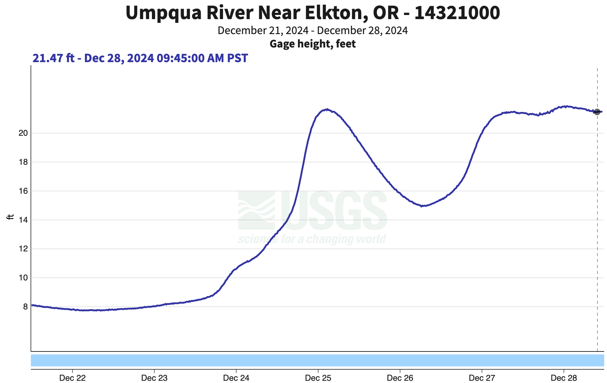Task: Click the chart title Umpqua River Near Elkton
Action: point(312,13)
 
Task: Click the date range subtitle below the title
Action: point(312,31)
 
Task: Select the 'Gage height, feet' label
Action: point(312,44)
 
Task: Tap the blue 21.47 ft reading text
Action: point(140,58)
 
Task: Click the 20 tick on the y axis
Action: point(23,133)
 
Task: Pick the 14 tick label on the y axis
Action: point(23,220)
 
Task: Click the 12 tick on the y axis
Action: point(23,249)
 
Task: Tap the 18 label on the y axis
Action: point(23,162)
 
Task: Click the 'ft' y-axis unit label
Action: point(11,217)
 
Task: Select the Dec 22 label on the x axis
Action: point(72,378)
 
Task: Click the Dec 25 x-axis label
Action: point(318,378)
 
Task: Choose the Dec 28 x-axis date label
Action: point(564,378)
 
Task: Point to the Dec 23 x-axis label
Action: point(154,378)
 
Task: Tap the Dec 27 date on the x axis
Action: point(482,378)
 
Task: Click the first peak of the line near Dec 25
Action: point(326,110)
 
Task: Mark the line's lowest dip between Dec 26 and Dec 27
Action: point(423,206)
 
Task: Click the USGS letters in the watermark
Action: point(333,210)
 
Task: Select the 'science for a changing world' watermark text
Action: point(312,239)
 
